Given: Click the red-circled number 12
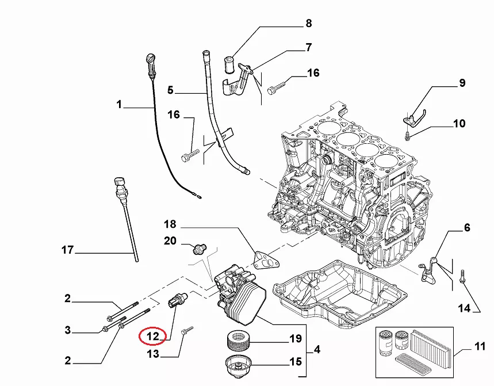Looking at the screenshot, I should click(x=152, y=336).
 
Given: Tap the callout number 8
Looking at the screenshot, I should click(x=308, y=24).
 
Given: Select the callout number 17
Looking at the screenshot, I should click(x=68, y=250).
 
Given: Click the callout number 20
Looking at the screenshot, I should click(x=170, y=241).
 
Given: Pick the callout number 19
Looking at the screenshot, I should click(x=295, y=339).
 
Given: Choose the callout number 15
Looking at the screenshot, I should click(x=295, y=362).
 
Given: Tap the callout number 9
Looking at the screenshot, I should click(x=461, y=83).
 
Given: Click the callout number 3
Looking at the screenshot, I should click(x=67, y=330).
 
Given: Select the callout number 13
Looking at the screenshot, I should click(x=153, y=354).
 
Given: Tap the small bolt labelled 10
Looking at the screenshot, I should click(x=408, y=136).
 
